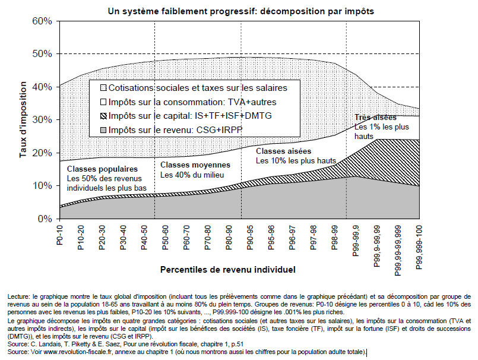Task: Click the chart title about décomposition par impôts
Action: click(x=241, y=11)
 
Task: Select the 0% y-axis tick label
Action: click(x=47, y=219)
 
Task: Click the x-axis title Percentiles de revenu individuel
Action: click(x=227, y=269)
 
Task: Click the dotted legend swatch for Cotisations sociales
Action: click(x=104, y=87)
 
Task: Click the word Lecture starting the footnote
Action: click(x=21, y=296)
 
